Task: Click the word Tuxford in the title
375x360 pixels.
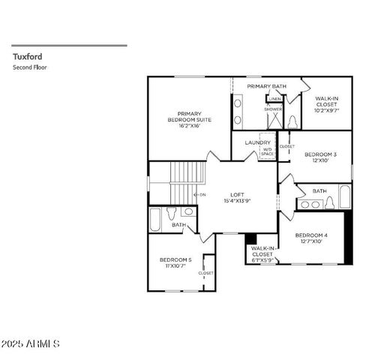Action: pos(25,55)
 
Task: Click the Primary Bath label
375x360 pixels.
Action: pos(267,86)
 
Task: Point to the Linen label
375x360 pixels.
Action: pos(275,98)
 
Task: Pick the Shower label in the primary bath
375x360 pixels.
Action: pos(273,109)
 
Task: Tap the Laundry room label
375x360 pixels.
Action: pos(257,141)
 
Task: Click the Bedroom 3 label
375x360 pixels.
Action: pos(319,157)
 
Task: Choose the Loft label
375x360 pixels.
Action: pos(236,196)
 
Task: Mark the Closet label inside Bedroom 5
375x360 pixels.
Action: pos(206,273)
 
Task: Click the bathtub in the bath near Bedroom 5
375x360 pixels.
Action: pos(154,220)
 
